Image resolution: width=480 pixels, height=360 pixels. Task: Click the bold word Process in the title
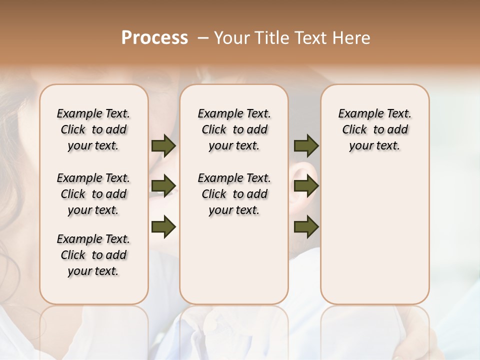(154, 38)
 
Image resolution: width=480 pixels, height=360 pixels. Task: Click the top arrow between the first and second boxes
(163, 145)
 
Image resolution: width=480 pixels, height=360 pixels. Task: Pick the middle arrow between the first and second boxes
(163, 186)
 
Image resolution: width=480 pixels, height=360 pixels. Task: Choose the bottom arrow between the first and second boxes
(163, 227)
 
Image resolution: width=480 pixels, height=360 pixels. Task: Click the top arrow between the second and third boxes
(306, 145)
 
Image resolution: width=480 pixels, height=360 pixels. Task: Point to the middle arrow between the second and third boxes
(306, 186)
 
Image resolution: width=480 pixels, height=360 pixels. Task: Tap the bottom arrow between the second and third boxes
(306, 227)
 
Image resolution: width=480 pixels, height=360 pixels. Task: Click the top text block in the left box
(93, 129)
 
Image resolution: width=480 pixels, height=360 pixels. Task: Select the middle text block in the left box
(93, 194)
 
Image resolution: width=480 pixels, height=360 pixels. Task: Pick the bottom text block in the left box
(93, 255)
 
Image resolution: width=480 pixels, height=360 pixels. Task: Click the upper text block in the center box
(234, 129)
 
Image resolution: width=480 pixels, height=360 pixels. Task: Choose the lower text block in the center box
(234, 194)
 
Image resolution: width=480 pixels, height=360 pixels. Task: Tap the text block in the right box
(375, 129)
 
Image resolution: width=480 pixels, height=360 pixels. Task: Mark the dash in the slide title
(203, 38)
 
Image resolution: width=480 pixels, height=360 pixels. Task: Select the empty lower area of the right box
(375, 235)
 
